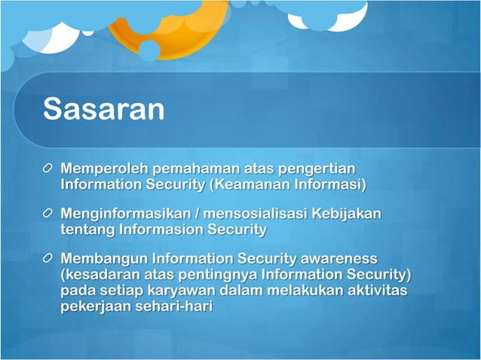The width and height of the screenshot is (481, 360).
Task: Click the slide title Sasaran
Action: click(103, 108)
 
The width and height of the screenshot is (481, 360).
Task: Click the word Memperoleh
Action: click(104, 168)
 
